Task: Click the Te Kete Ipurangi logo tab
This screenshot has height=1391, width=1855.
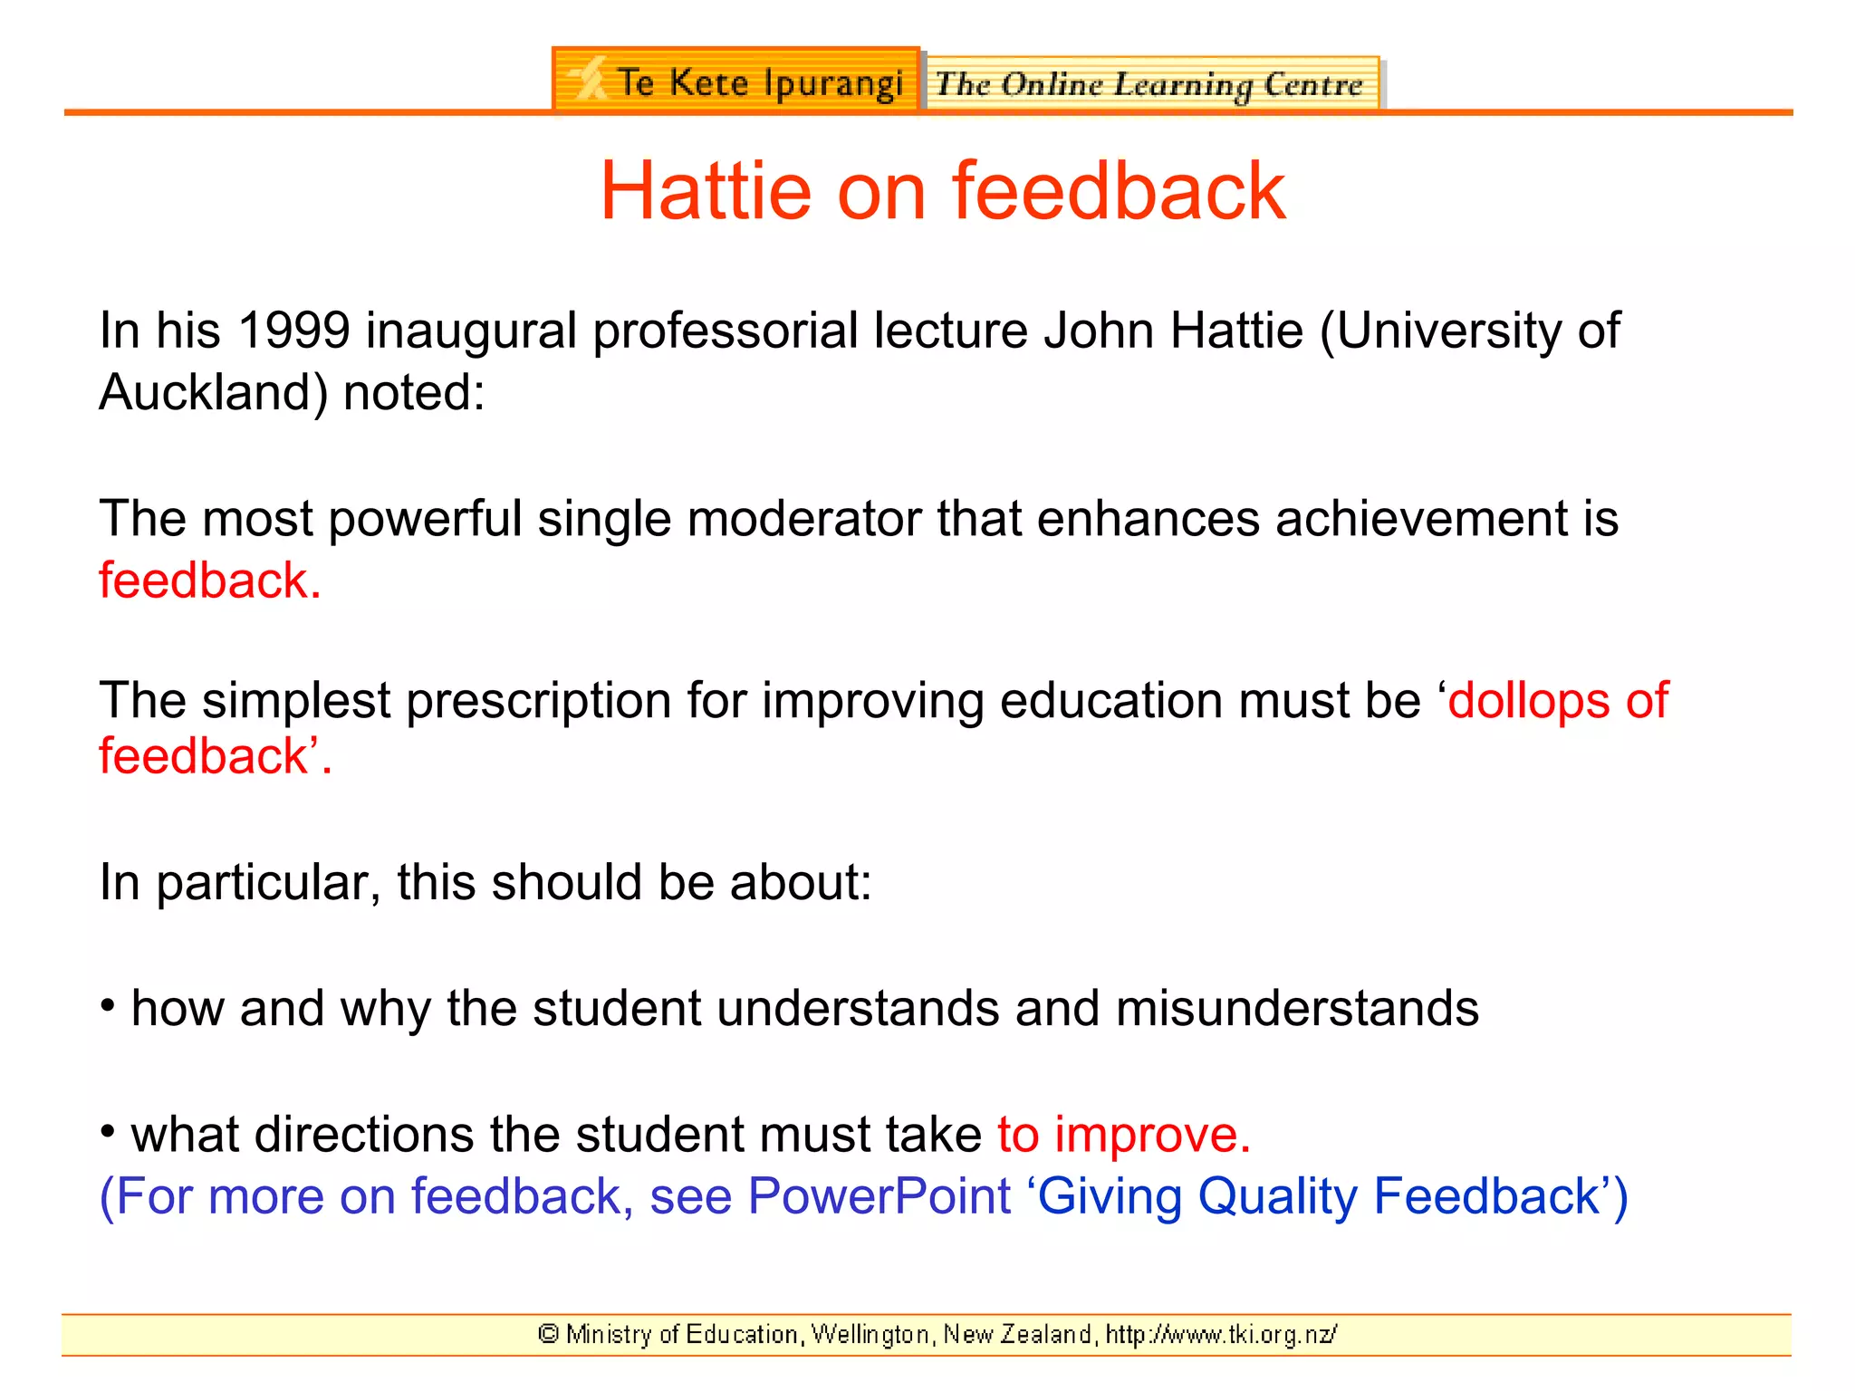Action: pyautogui.click(x=735, y=82)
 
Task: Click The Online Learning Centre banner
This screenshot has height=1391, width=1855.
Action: pyautogui.click(x=1150, y=84)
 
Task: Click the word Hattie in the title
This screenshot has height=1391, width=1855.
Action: pyautogui.click(x=706, y=191)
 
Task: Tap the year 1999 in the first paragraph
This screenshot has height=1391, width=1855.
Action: pyautogui.click(x=293, y=331)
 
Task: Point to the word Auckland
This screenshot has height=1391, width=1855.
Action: pyautogui.click(x=213, y=393)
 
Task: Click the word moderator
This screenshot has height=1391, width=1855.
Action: pyautogui.click(x=803, y=519)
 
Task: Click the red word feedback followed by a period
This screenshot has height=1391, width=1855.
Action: pyautogui.click(x=209, y=580)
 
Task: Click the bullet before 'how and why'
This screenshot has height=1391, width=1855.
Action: pyautogui.click(x=108, y=1006)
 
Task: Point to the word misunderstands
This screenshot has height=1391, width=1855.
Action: pyautogui.click(x=1297, y=1008)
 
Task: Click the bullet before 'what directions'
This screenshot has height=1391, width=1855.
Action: pyautogui.click(x=108, y=1132)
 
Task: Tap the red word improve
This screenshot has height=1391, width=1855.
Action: pyautogui.click(x=1151, y=1135)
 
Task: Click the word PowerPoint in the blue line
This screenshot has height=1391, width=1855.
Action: pyautogui.click(x=879, y=1196)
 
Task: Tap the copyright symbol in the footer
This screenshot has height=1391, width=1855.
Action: pyautogui.click(x=548, y=1334)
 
